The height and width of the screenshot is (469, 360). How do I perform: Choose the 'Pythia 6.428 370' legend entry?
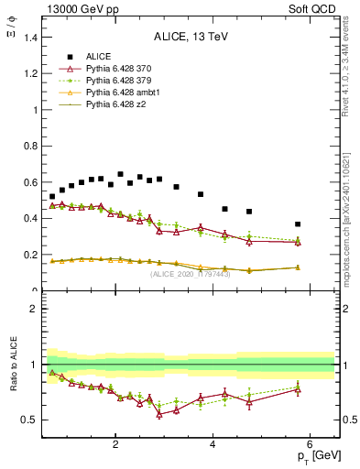tap(118, 69)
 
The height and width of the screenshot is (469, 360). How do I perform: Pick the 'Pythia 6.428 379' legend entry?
tap(118, 81)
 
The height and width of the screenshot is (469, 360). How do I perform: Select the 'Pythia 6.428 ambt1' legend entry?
tap(122, 93)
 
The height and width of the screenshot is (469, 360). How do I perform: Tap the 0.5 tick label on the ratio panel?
tap(27, 420)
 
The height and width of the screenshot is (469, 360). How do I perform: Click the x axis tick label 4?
tap(213, 446)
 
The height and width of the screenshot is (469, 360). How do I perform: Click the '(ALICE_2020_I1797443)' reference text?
tap(191, 274)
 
